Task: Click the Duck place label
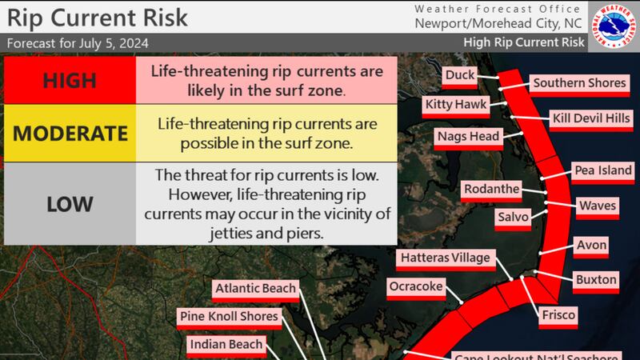460,75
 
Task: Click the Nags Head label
468,136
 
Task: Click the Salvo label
512,217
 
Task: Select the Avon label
592,245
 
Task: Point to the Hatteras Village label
446,258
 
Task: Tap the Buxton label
596,279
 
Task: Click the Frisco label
558,315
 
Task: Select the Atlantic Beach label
255,288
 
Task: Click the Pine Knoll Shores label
228,317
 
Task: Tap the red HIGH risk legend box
70,80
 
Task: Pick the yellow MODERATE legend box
70,134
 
